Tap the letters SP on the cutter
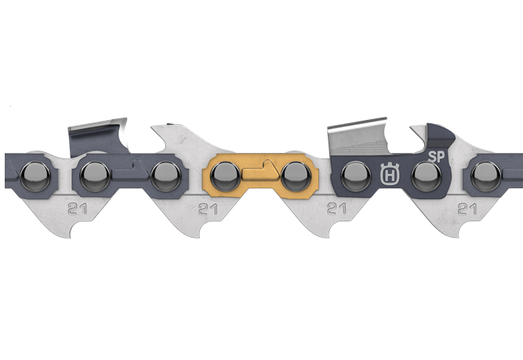[436, 157]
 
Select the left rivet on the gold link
[226, 176]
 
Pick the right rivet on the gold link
[296, 176]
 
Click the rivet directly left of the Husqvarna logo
[356, 176]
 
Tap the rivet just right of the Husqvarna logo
[427, 176]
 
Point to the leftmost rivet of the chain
[35, 176]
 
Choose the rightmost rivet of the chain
[486, 176]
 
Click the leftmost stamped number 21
[77, 209]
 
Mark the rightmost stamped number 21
[467, 209]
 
